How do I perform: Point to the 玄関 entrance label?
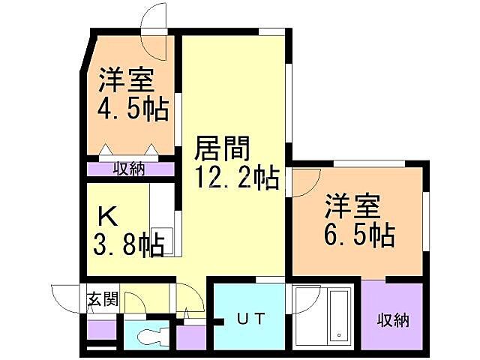[103, 300]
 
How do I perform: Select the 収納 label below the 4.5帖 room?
[129, 169]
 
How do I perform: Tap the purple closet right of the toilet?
[190, 335]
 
